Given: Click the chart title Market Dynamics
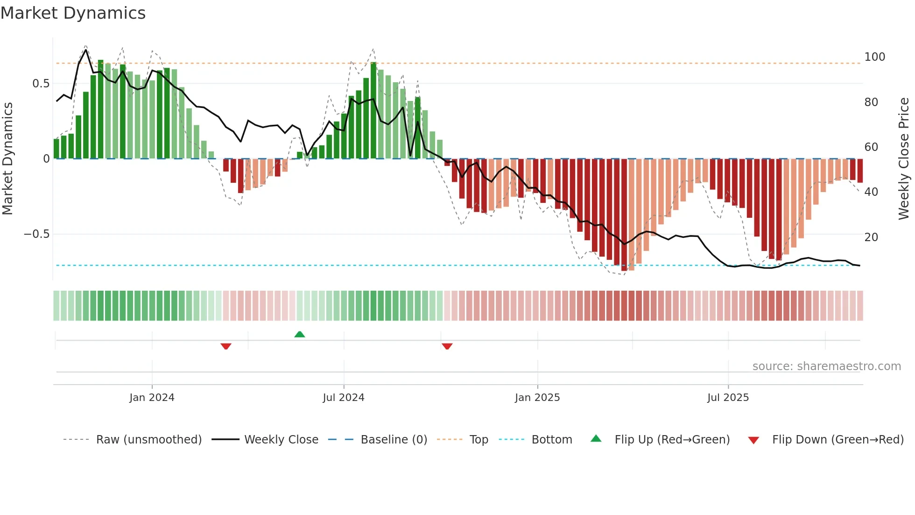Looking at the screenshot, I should coord(73,13).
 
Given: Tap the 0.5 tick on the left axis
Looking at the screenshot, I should coord(41,84).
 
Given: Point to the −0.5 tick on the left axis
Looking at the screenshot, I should coord(36,234).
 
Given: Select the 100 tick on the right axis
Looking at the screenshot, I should coord(874,57).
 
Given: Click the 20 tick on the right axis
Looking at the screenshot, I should coord(871,237).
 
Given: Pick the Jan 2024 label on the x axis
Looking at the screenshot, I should coord(152,398).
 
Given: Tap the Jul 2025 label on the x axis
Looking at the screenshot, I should coord(728,398).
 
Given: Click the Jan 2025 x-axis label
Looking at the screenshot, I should coord(537,398).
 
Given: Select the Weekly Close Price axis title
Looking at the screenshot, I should coord(904,159).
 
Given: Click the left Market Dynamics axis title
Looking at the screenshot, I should coord(8,159).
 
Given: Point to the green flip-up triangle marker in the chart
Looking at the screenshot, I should coord(300,334).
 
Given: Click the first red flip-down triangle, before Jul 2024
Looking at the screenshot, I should coord(226,346).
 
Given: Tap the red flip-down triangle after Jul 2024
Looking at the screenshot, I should coord(447,346).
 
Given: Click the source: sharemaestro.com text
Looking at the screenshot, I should coord(826,366).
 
